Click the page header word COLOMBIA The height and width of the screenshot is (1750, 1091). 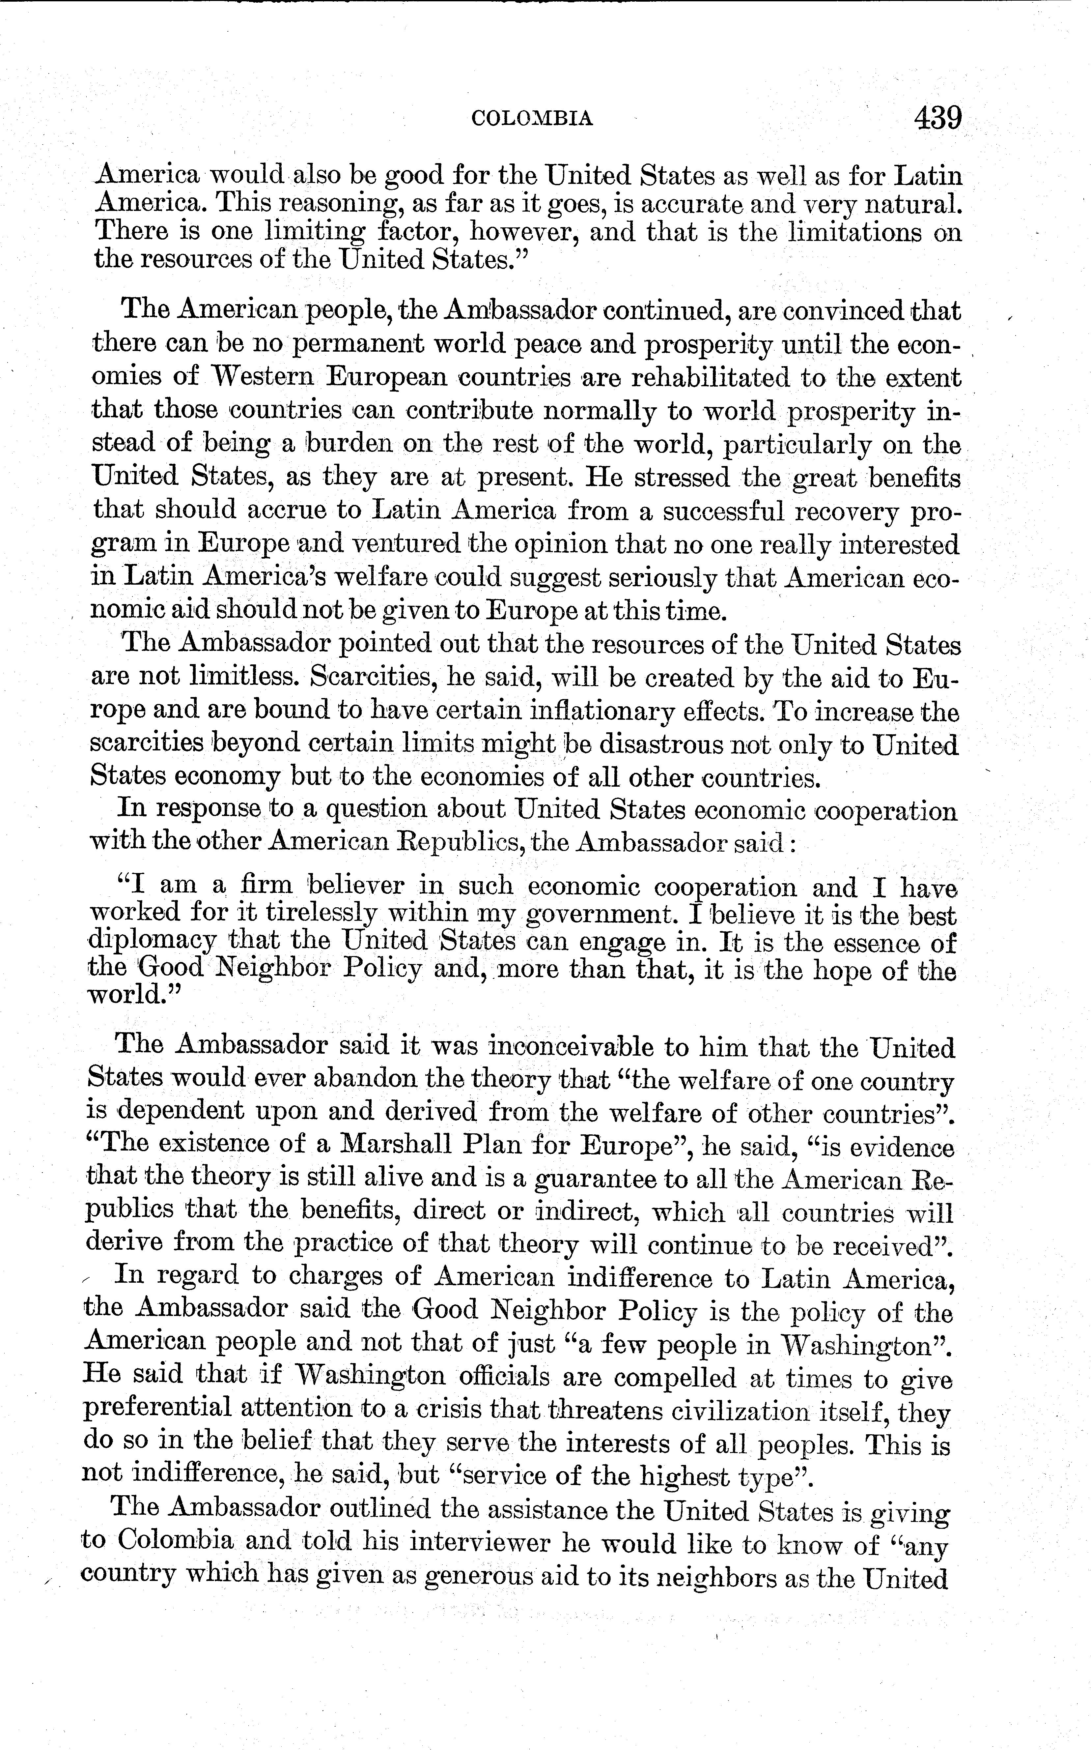tap(532, 118)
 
